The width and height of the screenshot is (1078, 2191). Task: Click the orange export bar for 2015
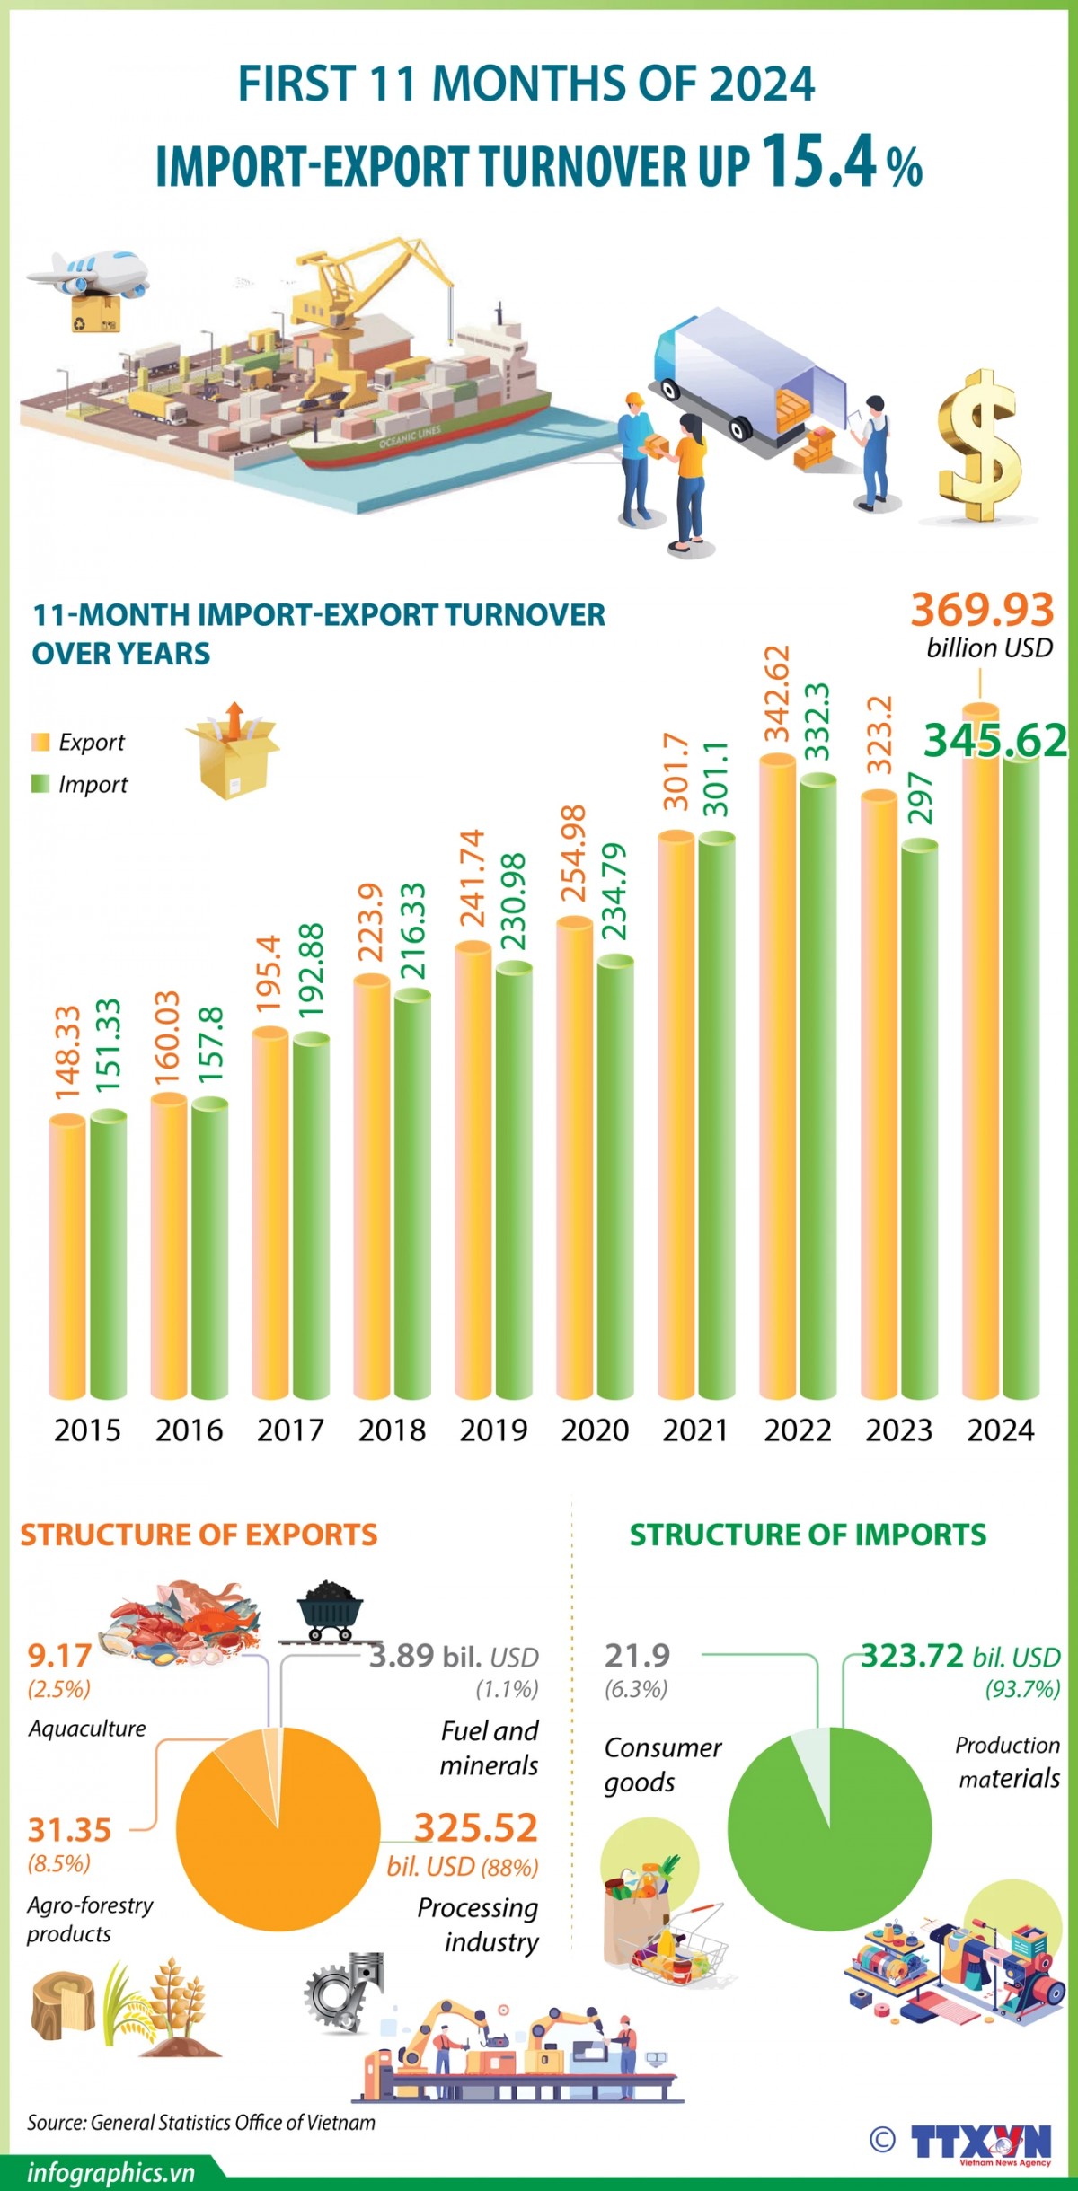pyautogui.click(x=67, y=1257)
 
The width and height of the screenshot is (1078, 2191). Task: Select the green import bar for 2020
pyautogui.click(x=615, y=1176)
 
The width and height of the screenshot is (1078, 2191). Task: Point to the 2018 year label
pyautogui.click(x=392, y=1430)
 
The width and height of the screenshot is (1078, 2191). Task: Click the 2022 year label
pyautogui.click(x=798, y=1430)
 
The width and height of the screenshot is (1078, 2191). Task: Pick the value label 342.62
pyautogui.click(x=776, y=693)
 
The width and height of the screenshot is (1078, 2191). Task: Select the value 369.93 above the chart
pyautogui.click(x=982, y=610)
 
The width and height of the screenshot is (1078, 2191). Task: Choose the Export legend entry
pyautogui.click(x=91, y=742)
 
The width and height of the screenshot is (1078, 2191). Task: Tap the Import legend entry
pyautogui.click(x=93, y=784)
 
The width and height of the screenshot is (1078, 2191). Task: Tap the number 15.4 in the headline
pyautogui.click(x=819, y=163)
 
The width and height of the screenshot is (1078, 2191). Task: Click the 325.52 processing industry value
pyautogui.click(x=475, y=1827)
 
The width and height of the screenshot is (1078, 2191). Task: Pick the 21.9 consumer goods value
pyautogui.click(x=637, y=1655)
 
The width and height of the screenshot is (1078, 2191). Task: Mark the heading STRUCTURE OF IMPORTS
pyautogui.click(x=807, y=1535)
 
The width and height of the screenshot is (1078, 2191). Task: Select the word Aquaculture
pyautogui.click(x=87, y=1729)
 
